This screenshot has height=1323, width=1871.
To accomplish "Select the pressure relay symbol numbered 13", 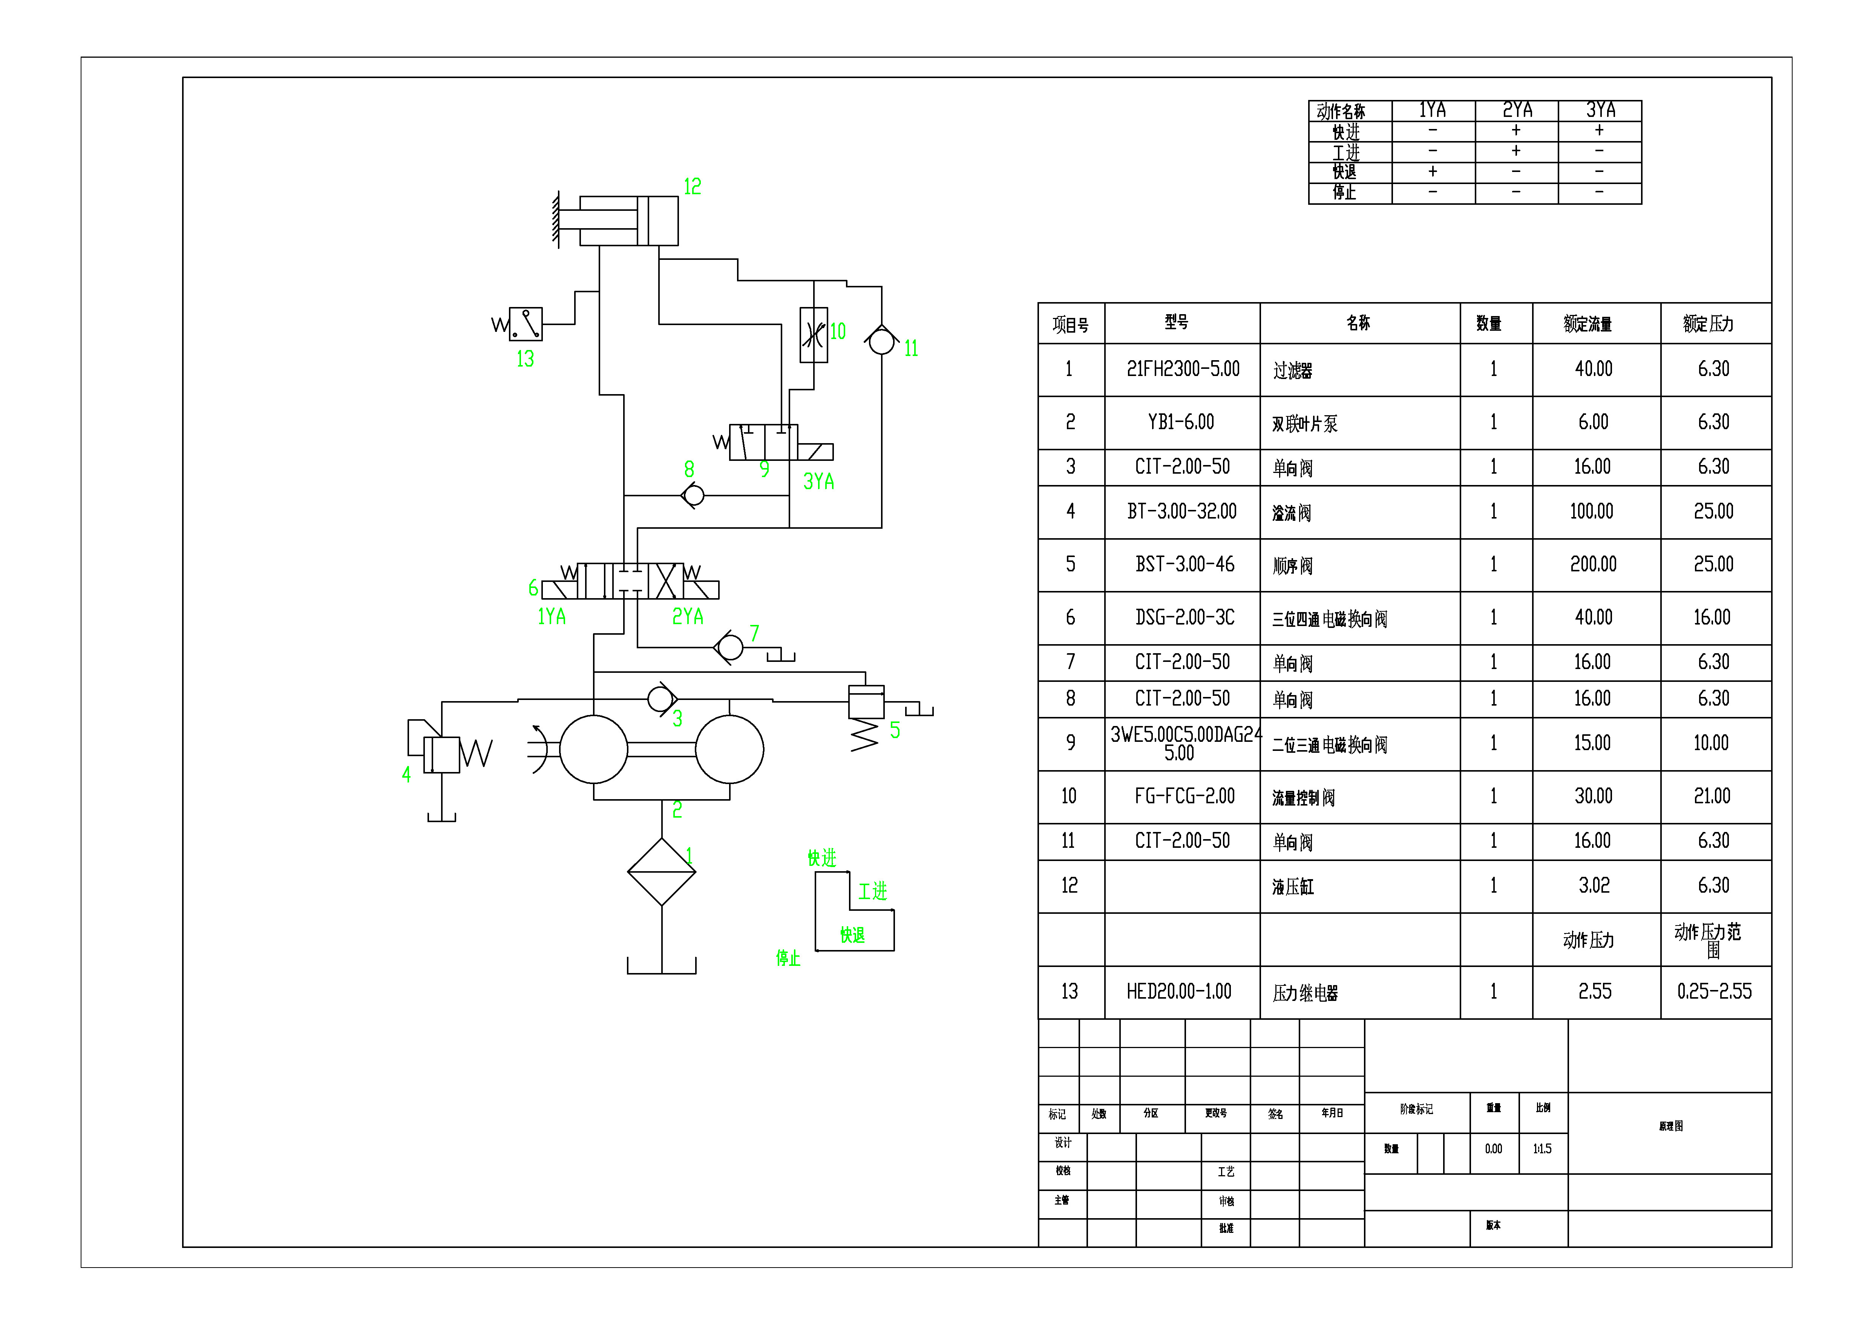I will tap(526, 324).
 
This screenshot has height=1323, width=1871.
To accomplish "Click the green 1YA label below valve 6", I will tap(552, 616).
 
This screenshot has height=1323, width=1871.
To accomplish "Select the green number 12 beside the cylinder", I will tap(692, 187).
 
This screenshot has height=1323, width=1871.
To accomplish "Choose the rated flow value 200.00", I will tap(1593, 564).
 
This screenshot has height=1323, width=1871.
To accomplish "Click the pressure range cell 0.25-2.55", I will tap(1714, 991).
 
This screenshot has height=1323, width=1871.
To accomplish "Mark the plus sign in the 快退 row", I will tap(1433, 171).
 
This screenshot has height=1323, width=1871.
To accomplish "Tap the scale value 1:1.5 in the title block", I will tap(1542, 1148).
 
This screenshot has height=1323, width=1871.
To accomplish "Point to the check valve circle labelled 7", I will tap(730, 647).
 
